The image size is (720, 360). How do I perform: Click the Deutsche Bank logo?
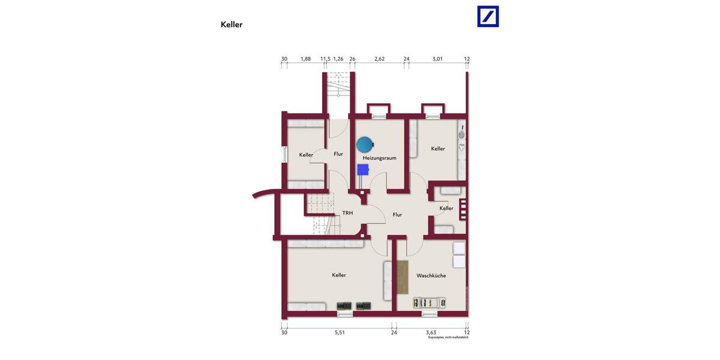488,16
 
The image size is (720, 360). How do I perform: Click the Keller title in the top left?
232,25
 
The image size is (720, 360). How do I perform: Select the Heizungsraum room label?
379,158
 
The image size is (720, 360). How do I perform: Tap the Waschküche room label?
431,275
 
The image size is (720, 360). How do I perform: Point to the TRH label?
347,213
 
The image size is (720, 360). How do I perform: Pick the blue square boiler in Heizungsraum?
362,169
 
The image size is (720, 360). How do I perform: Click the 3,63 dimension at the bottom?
431,332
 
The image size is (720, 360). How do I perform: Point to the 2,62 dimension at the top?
379,59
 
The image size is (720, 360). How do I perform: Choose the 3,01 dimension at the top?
437,59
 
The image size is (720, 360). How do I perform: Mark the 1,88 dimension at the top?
305,59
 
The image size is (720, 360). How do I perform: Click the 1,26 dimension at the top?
338,59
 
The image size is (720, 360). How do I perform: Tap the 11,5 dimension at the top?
325,59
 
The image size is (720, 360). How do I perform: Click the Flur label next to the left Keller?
338,154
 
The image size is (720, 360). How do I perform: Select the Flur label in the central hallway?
397,214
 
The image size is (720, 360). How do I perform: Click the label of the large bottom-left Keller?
339,275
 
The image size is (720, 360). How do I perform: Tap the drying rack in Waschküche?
428,302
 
